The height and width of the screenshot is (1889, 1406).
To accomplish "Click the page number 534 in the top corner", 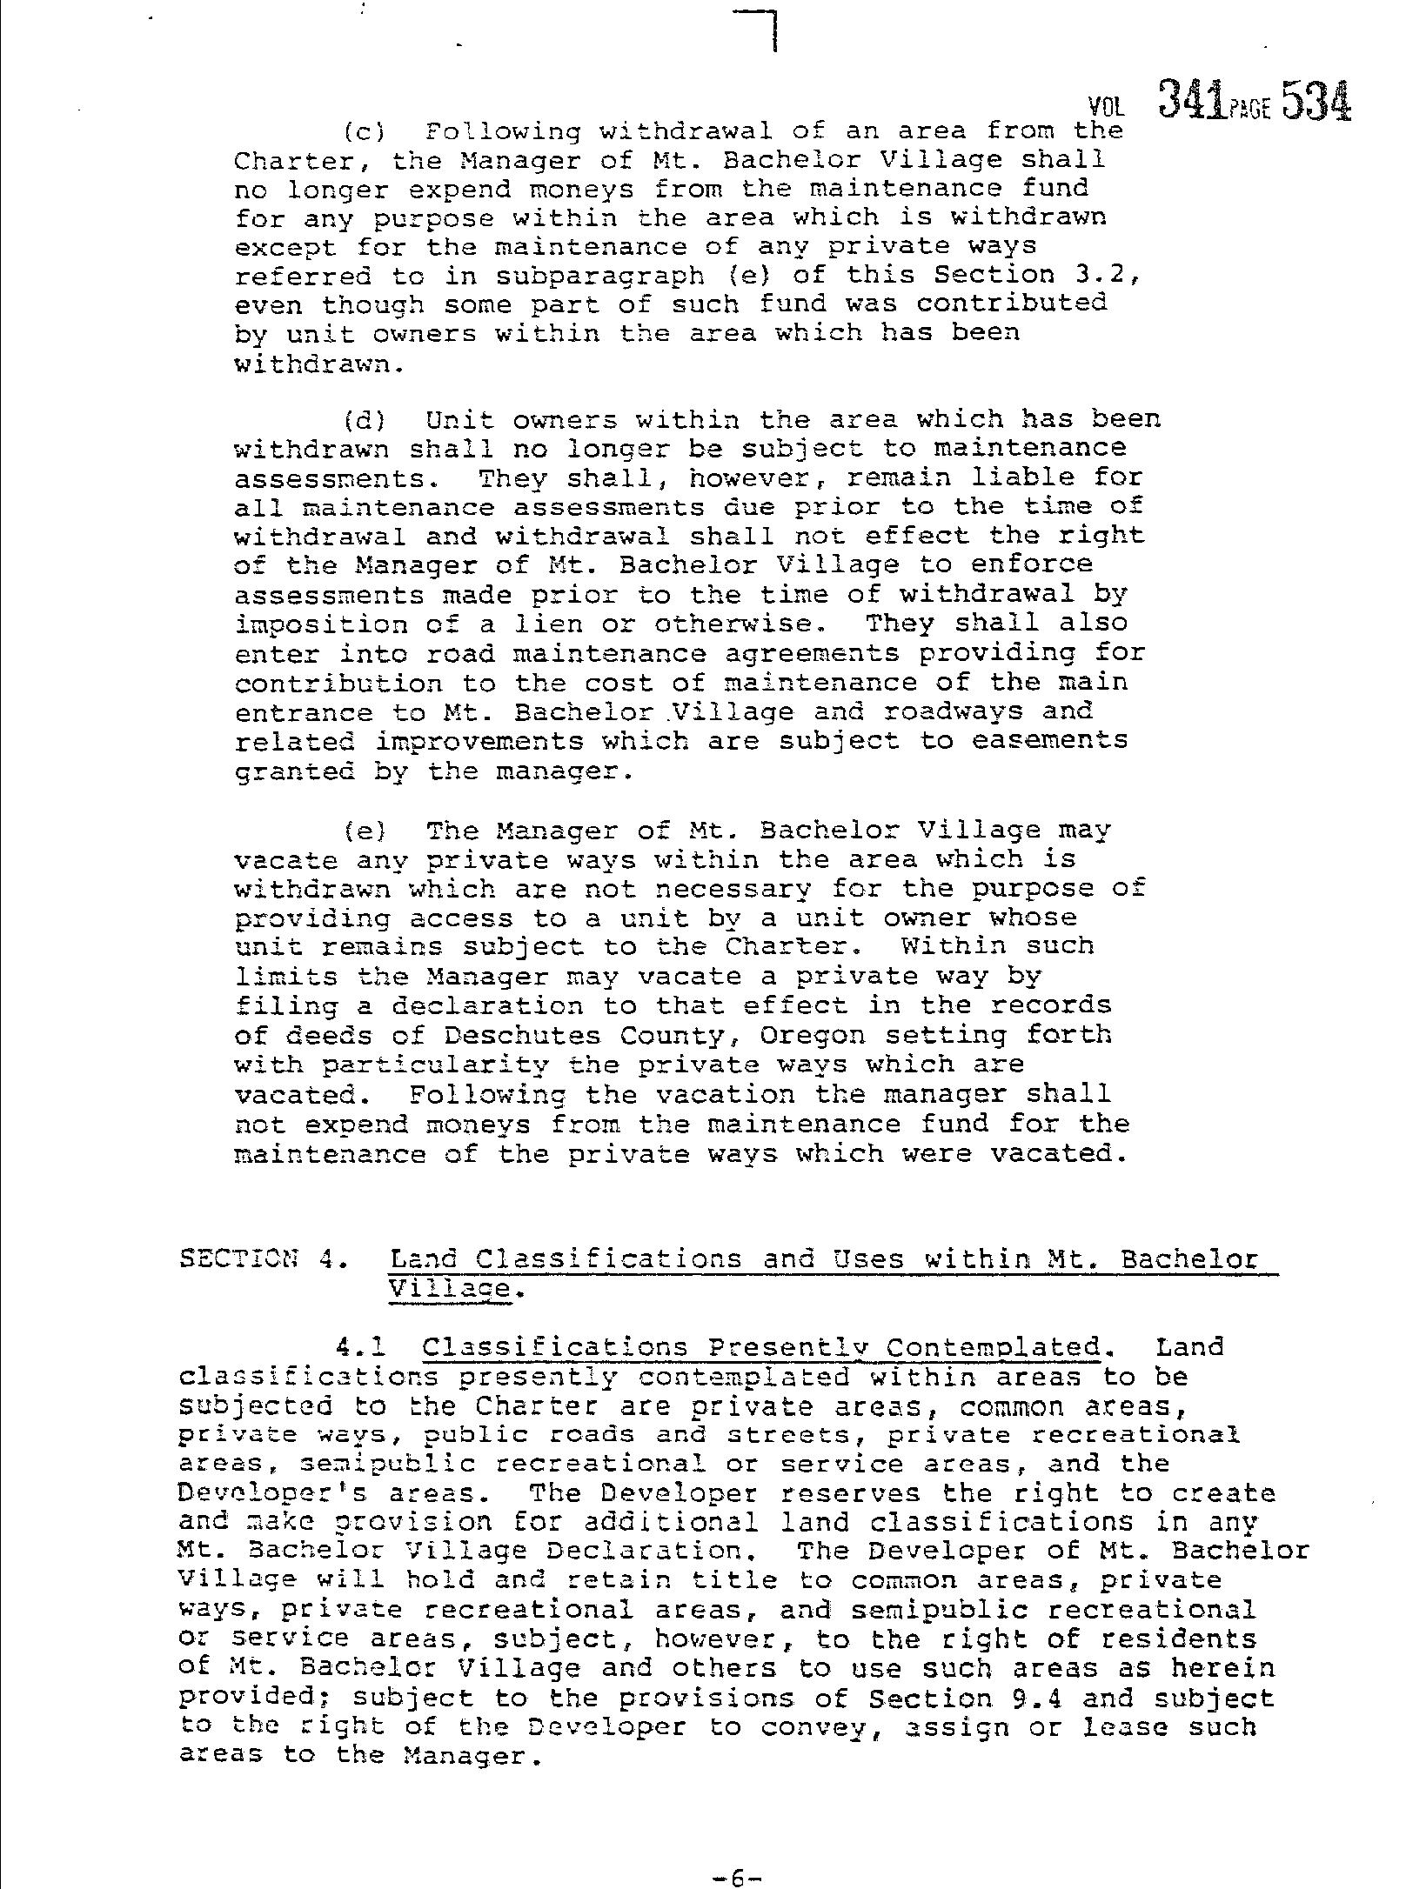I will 1316,101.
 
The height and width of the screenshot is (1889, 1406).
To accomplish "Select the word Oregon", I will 813,1036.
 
